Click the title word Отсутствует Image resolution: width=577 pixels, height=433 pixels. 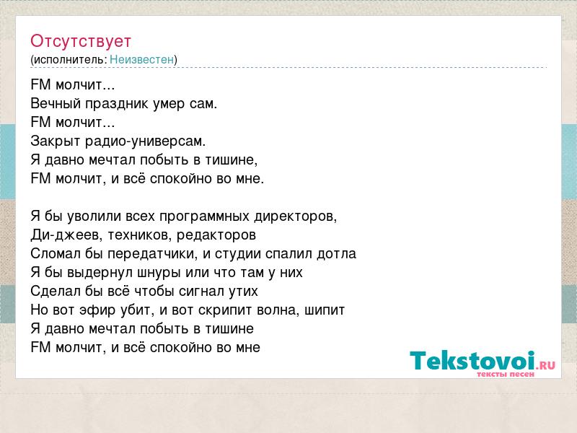[81, 41]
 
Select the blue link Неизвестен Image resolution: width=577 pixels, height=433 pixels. [141, 59]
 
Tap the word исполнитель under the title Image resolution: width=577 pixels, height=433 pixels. [70, 59]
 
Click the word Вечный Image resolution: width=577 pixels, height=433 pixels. [56, 103]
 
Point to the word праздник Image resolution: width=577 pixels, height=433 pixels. [117, 104]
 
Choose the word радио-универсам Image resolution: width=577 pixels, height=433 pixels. [146, 141]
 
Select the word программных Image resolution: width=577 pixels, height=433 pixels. [204, 216]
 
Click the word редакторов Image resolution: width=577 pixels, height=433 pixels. [216, 235]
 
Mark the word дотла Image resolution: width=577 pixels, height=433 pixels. [336, 254]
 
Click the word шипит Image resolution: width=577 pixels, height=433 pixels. [325, 310]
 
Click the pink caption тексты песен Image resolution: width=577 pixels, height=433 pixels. [506, 375]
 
